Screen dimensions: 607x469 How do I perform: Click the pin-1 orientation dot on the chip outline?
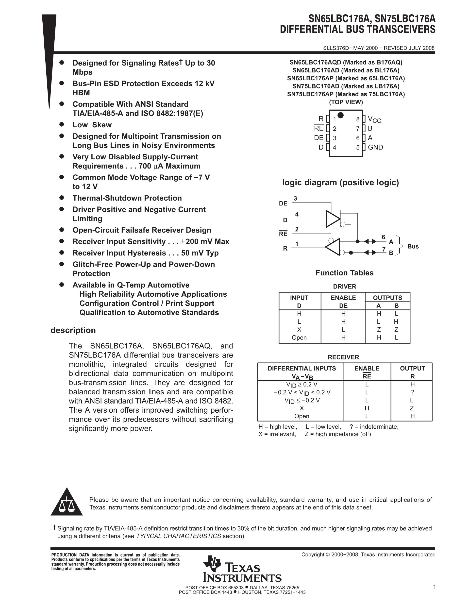point(340,115)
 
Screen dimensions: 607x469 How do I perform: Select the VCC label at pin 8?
point(374,119)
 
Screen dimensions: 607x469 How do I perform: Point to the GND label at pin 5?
point(375,147)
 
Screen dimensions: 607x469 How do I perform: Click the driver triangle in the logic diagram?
point(333,219)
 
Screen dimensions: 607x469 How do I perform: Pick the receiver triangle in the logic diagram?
point(333,247)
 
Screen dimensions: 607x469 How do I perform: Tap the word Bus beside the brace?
point(413,247)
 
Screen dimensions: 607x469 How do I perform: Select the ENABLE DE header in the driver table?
point(343,302)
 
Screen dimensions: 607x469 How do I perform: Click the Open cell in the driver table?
point(299,338)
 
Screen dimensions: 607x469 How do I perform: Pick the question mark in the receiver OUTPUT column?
point(413,392)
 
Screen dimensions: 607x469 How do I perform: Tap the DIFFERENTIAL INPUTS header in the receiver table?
point(301,369)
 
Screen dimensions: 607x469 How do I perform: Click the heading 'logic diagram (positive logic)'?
point(340,183)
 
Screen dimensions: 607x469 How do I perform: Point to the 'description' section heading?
point(73,330)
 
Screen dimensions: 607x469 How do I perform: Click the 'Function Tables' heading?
point(344,273)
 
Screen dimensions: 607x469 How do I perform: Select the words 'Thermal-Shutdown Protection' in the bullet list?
point(127,198)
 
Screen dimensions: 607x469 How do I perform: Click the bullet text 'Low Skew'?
point(92,125)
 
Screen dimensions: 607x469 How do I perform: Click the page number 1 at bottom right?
point(434,587)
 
